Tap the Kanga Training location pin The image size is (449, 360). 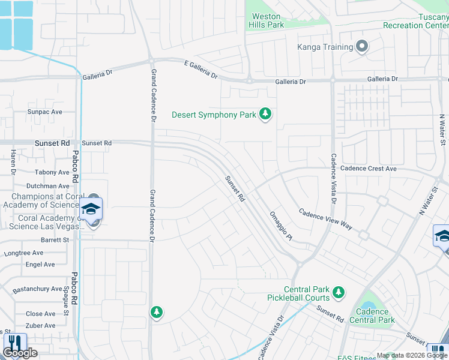point(362,47)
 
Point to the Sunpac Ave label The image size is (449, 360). point(44,112)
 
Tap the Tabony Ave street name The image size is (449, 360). point(52,172)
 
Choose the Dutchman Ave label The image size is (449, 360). point(49,186)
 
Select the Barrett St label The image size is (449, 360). point(56,239)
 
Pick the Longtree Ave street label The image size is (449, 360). point(23,253)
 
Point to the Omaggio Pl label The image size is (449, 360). point(280,226)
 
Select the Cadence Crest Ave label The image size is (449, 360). point(369,169)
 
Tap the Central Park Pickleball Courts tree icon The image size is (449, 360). point(339,292)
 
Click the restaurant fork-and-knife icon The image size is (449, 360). point(14,343)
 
